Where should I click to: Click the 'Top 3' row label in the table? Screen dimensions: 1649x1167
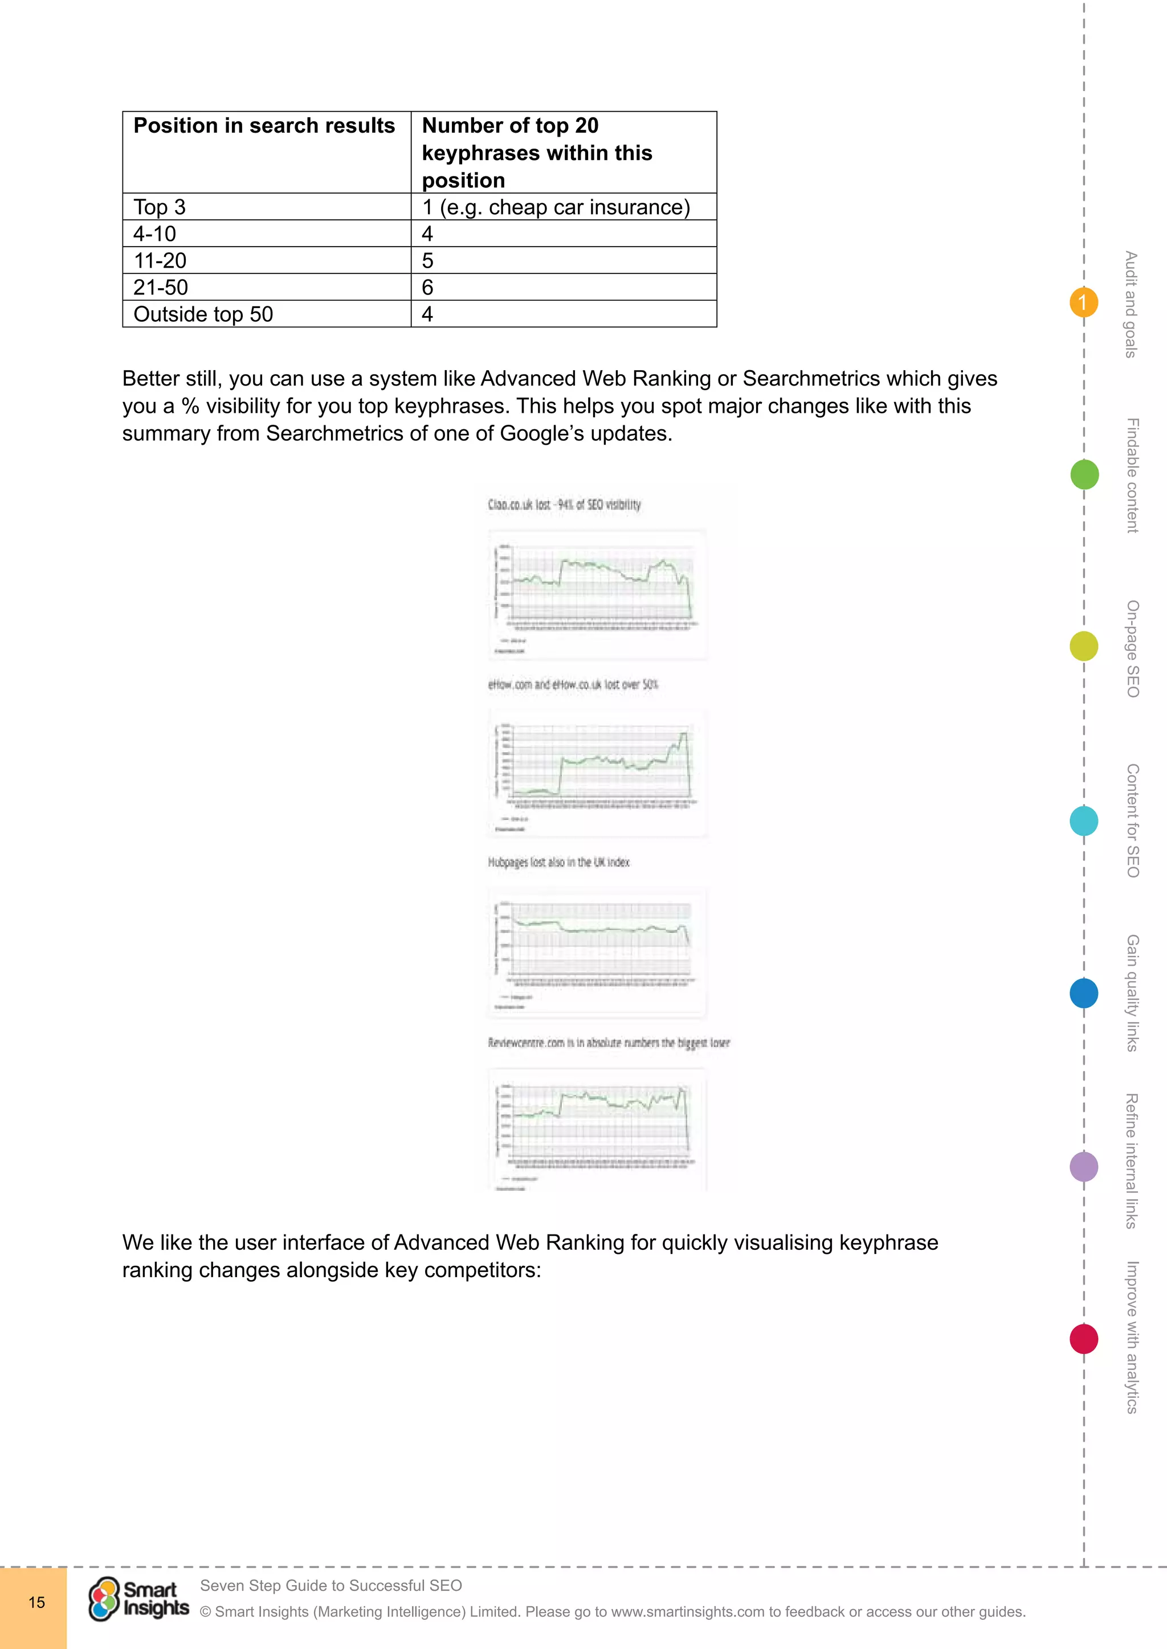160,207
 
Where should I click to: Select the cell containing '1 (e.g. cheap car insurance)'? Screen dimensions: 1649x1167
556,207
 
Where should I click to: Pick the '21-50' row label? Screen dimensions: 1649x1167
160,288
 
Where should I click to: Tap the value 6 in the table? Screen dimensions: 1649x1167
427,288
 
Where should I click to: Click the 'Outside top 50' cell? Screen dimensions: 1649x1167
203,314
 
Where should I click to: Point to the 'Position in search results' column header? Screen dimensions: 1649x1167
264,126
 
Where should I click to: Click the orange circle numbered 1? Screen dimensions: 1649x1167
1083,302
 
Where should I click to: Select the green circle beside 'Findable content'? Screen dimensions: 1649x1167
1084,475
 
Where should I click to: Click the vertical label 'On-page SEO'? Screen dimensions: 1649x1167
1132,649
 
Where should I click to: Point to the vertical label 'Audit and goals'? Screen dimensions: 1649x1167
1131,304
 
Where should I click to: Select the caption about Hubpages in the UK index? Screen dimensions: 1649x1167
558,862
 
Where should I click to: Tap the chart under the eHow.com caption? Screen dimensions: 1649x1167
597,772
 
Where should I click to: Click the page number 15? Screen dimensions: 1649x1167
36,1602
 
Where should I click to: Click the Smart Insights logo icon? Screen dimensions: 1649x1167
104,1599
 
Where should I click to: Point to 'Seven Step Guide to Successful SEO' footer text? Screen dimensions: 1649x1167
330,1585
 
